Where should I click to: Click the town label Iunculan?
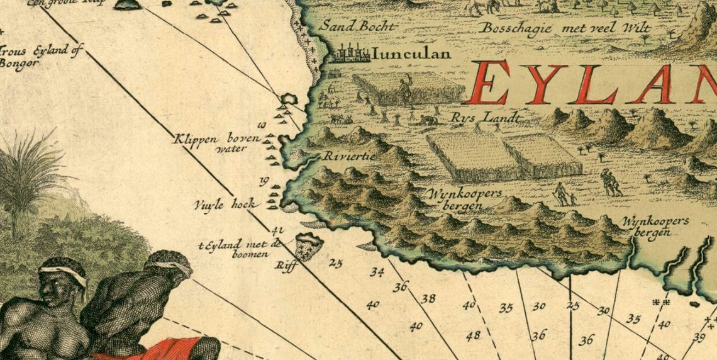[411, 54]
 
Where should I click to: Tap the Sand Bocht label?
[358, 26]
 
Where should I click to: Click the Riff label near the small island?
[286, 265]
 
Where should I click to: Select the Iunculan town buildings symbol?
[351, 54]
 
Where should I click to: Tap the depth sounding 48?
[473, 335]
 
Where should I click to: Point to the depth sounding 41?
[277, 230]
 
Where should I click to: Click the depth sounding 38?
[428, 299]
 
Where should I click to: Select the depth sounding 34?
[377, 273]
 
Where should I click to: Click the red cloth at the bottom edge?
[170, 348]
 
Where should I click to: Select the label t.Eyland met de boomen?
[242, 249]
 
